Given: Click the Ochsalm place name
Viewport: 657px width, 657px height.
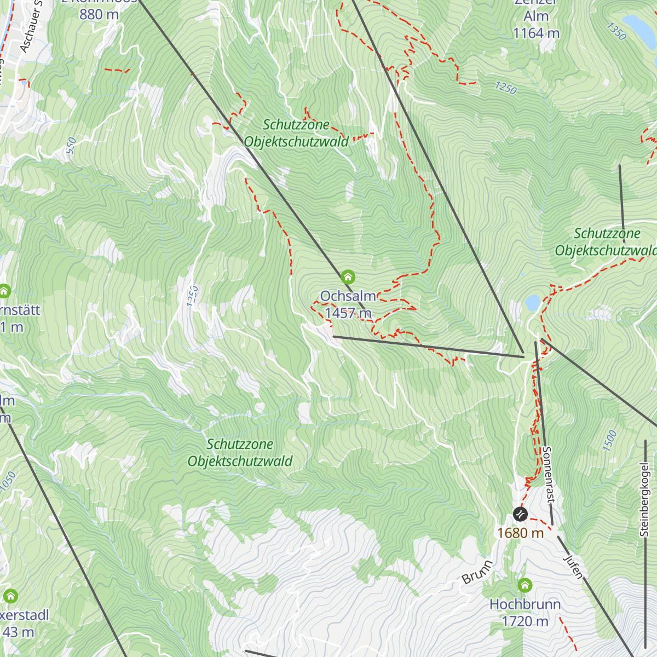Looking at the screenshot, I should click(x=348, y=296).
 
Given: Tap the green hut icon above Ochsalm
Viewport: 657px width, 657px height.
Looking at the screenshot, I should click(x=348, y=277).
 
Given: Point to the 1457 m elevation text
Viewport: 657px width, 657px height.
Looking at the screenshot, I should click(x=348, y=313).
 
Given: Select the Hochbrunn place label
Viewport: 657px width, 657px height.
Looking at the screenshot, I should click(x=525, y=604).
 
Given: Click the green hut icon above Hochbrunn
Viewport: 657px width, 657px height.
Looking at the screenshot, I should click(x=525, y=585).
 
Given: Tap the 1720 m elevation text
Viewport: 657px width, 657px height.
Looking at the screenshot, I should click(x=525, y=621).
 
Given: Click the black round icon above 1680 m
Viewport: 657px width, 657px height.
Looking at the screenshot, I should click(x=520, y=514).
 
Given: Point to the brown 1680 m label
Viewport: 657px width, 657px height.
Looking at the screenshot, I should click(x=520, y=533).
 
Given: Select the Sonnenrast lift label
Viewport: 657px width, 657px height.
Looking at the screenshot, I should click(x=548, y=474).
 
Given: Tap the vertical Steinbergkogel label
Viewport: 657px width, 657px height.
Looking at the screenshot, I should click(x=644, y=499).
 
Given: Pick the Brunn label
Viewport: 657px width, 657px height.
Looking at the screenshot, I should click(x=477, y=572).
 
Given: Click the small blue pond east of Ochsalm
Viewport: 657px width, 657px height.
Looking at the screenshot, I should click(x=532, y=302).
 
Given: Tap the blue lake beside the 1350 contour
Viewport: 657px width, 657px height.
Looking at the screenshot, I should click(x=639, y=25).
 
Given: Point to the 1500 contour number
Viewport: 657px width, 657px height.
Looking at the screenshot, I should click(x=610, y=441).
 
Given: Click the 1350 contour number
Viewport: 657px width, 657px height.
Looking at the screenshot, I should click(x=616, y=32).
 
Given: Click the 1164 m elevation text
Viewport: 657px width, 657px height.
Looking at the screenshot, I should click(x=536, y=33).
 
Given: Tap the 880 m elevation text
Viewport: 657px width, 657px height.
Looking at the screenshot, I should click(x=99, y=14).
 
